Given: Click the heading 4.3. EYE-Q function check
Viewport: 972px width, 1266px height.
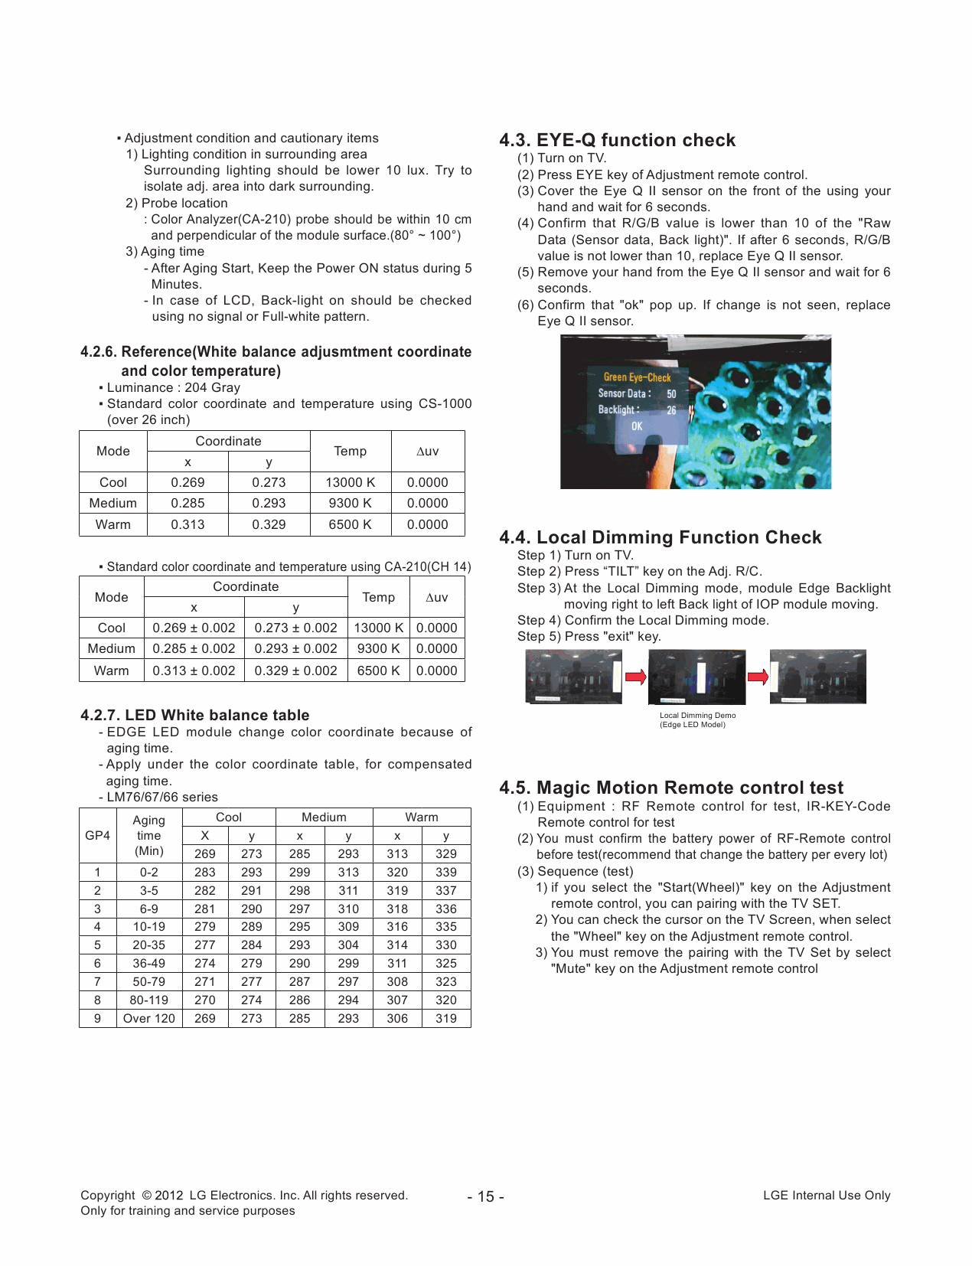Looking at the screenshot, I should pos(617,140).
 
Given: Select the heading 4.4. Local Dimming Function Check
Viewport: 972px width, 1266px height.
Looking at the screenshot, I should pos(660,537).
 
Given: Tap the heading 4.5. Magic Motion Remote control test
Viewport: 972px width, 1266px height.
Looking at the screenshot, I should pos(670,788).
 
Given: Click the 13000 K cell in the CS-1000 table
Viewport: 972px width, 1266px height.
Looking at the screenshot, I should pos(350,482).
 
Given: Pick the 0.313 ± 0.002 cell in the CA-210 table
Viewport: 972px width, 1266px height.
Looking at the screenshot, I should pos(194,671).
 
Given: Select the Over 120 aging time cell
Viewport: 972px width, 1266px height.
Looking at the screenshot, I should pos(148,1019).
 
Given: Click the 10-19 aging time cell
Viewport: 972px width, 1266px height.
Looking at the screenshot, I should pos(148,927).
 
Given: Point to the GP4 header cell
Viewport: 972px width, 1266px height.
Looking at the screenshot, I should pos(97,835).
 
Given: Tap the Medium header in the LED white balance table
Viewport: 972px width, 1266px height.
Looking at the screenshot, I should pos(324,817).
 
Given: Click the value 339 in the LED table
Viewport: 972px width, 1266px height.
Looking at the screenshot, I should pos(445,872).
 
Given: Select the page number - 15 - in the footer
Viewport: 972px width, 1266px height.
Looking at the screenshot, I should pos(485,1196).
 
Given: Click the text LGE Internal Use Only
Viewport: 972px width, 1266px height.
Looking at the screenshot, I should pos(827,1196).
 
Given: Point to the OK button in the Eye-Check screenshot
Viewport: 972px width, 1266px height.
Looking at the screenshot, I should pos(637,426).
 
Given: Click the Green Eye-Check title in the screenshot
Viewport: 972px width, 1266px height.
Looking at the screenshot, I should pos(637,377).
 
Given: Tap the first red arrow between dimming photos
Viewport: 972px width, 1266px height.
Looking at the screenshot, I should pos(635,677).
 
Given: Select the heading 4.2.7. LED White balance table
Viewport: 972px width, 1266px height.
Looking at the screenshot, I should pos(194,715).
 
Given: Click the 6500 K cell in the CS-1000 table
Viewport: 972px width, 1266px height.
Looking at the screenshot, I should pos(350,524).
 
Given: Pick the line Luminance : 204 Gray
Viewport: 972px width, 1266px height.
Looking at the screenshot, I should pos(173,387).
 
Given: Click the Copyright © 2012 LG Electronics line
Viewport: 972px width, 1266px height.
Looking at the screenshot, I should pos(243,1196).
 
